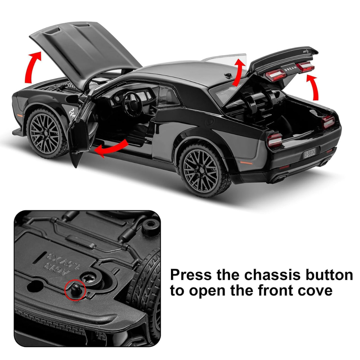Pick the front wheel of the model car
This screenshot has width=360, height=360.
(47, 133)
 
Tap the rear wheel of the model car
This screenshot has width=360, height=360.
(204, 170)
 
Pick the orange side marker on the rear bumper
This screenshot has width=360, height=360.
(246, 163)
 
